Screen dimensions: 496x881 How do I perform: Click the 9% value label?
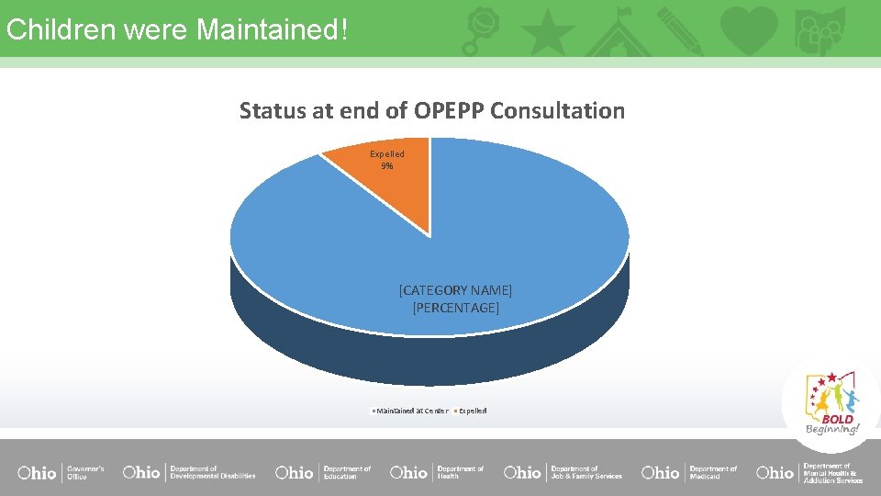coord(387,166)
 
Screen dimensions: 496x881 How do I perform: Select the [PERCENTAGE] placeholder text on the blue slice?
coord(455,308)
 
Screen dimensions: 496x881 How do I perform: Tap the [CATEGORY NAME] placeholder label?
coord(455,290)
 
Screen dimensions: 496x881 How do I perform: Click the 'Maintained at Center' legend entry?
coord(411,411)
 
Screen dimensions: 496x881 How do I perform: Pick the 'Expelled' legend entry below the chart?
coord(472,411)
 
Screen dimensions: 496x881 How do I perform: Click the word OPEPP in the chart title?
coord(449,111)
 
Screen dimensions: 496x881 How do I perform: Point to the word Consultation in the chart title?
coord(557,111)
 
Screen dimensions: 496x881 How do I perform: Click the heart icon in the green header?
coord(749,29)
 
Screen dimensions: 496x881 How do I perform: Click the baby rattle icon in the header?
coord(483,29)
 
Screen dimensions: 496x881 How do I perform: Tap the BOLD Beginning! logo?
coord(831,403)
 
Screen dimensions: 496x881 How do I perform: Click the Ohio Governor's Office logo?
coord(61,473)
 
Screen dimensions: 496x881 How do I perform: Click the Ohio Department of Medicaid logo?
coord(689,473)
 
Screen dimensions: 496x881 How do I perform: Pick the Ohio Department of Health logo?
coord(437,473)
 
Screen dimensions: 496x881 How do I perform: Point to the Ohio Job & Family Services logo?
coord(563,473)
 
